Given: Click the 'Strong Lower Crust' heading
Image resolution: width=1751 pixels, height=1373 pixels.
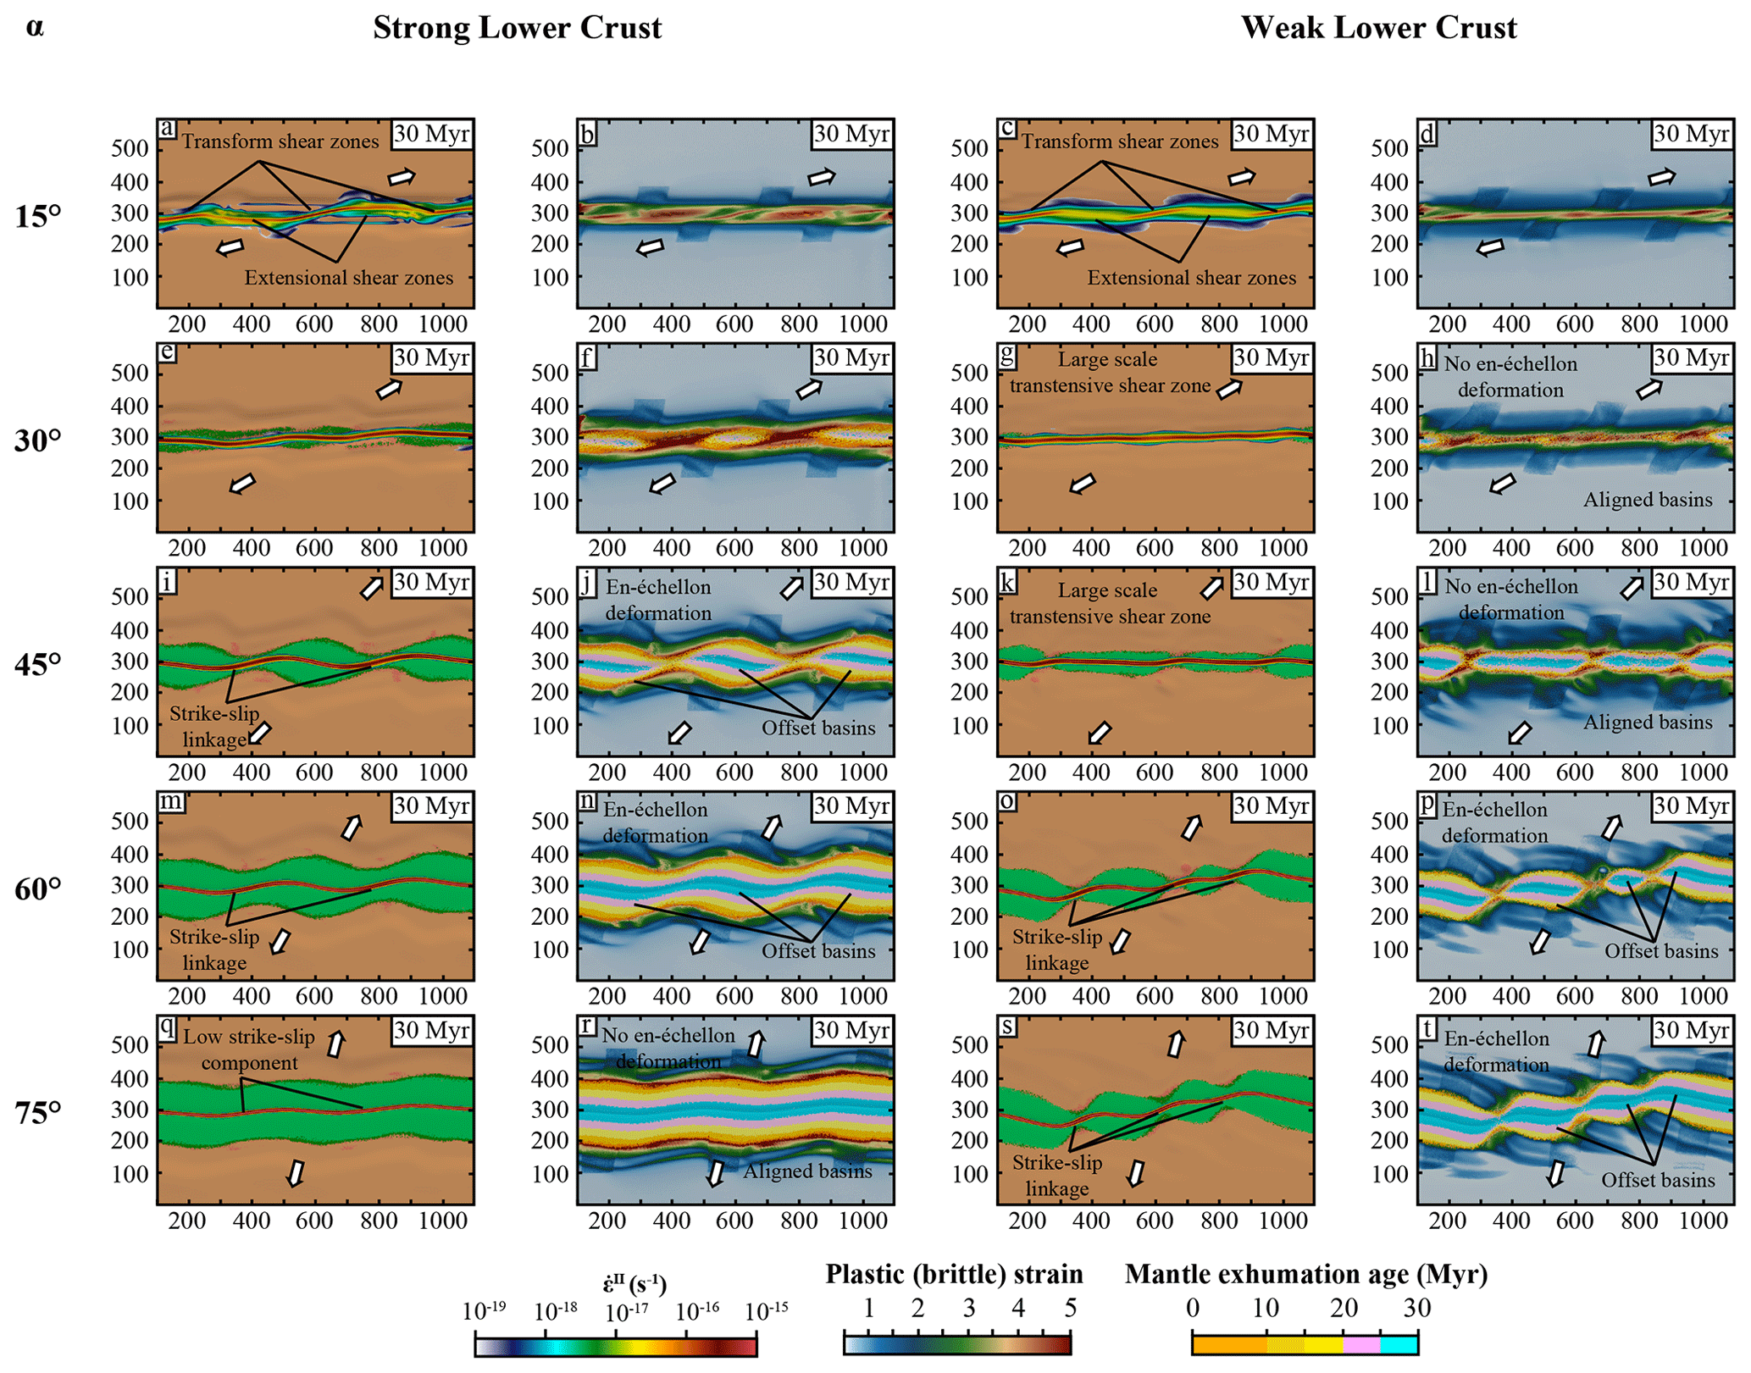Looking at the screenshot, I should point(517,28).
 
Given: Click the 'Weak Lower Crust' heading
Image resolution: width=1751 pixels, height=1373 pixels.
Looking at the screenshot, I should point(1378,28).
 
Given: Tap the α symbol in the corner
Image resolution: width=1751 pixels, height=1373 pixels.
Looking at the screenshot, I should point(35,27).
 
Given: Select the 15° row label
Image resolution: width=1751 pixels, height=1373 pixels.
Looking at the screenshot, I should point(38,217).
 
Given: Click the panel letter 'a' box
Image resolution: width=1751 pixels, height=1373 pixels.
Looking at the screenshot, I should point(168,129).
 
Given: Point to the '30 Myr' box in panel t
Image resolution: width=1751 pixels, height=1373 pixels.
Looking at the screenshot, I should point(1691,1030).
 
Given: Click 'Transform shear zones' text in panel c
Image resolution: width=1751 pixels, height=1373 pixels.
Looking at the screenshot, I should point(1119,141).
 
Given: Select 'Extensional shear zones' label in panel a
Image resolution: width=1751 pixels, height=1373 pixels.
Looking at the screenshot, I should point(349,278).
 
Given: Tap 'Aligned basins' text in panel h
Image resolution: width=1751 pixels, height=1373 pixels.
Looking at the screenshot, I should point(1648,500).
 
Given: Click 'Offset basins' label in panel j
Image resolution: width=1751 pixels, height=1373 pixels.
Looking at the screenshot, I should point(818,728).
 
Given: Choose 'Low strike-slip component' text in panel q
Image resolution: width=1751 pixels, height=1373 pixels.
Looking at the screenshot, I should point(249,1049).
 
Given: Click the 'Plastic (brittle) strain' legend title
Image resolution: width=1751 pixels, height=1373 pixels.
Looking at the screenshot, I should point(954,1275).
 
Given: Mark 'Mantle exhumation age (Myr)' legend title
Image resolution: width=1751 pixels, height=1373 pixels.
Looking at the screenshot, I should point(1305,1275).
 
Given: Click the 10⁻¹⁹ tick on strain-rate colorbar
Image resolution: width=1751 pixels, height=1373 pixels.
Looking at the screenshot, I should point(484,1311).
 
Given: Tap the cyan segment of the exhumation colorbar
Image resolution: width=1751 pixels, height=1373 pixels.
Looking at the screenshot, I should point(1399,1344).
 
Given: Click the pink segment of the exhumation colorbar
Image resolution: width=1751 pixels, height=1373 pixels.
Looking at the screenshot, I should point(1361,1344).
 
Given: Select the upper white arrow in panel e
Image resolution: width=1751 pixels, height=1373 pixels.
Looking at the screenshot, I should point(390,389).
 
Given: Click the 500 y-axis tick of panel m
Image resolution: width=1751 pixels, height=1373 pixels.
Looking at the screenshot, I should point(129,821).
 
